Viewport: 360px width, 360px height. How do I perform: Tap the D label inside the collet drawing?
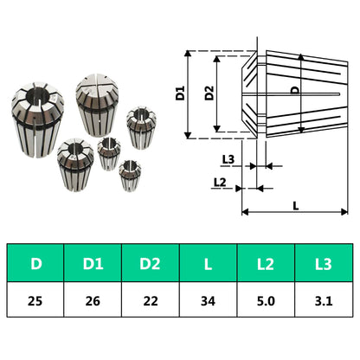click(x=295, y=91)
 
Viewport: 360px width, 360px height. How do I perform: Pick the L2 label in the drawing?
click(x=220, y=183)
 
